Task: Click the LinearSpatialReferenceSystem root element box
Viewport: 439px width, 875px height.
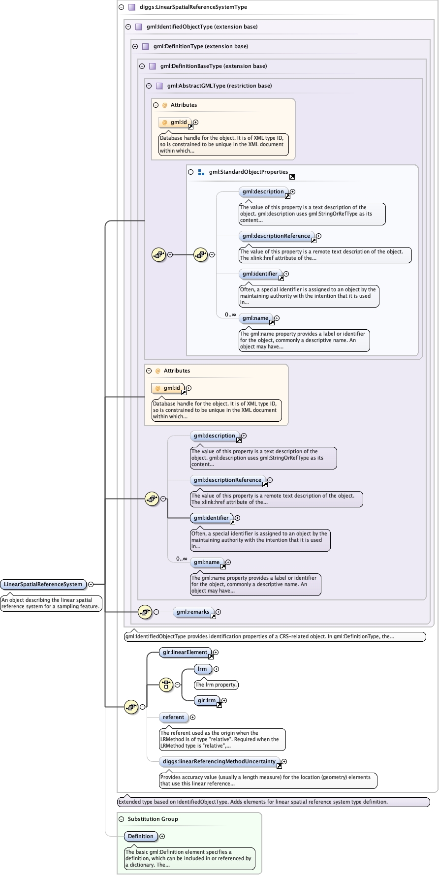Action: pyautogui.click(x=43, y=584)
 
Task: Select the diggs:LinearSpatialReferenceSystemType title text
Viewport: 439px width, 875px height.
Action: pyautogui.click(x=193, y=7)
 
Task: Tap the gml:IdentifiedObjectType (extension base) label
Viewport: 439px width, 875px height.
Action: pyautogui.click(x=202, y=27)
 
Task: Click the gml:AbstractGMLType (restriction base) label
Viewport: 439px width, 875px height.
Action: pyautogui.click(x=219, y=86)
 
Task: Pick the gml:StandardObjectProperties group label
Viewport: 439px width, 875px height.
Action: pyautogui.click(x=248, y=172)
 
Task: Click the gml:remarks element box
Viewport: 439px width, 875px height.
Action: pyautogui.click(x=193, y=612)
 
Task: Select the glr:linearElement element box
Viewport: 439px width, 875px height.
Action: pyautogui.click(x=185, y=652)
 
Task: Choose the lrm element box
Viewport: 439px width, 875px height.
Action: pyautogui.click(x=202, y=669)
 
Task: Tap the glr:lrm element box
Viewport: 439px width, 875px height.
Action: pyautogui.click(x=207, y=700)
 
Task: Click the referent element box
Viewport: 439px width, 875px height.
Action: pyautogui.click(x=174, y=717)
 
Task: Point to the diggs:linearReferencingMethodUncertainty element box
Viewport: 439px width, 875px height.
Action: pyautogui.click(x=219, y=761)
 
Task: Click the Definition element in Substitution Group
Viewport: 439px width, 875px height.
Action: pyautogui.click(x=141, y=836)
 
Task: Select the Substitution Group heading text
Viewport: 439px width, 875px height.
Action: pyautogui.click(x=153, y=819)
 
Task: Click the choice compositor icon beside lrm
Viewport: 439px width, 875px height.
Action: pyautogui.click(x=166, y=685)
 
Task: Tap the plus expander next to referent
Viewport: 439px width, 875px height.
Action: pyautogui.click(x=192, y=717)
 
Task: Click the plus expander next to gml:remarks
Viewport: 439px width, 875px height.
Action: pyautogui.click(x=218, y=612)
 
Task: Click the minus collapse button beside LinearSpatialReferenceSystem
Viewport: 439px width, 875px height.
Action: pyautogui.click(x=91, y=584)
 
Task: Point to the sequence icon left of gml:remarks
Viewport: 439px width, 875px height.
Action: pyautogui.click(x=145, y=612)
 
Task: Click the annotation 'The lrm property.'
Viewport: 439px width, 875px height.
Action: pyautogui.click(x=216, y=685)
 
